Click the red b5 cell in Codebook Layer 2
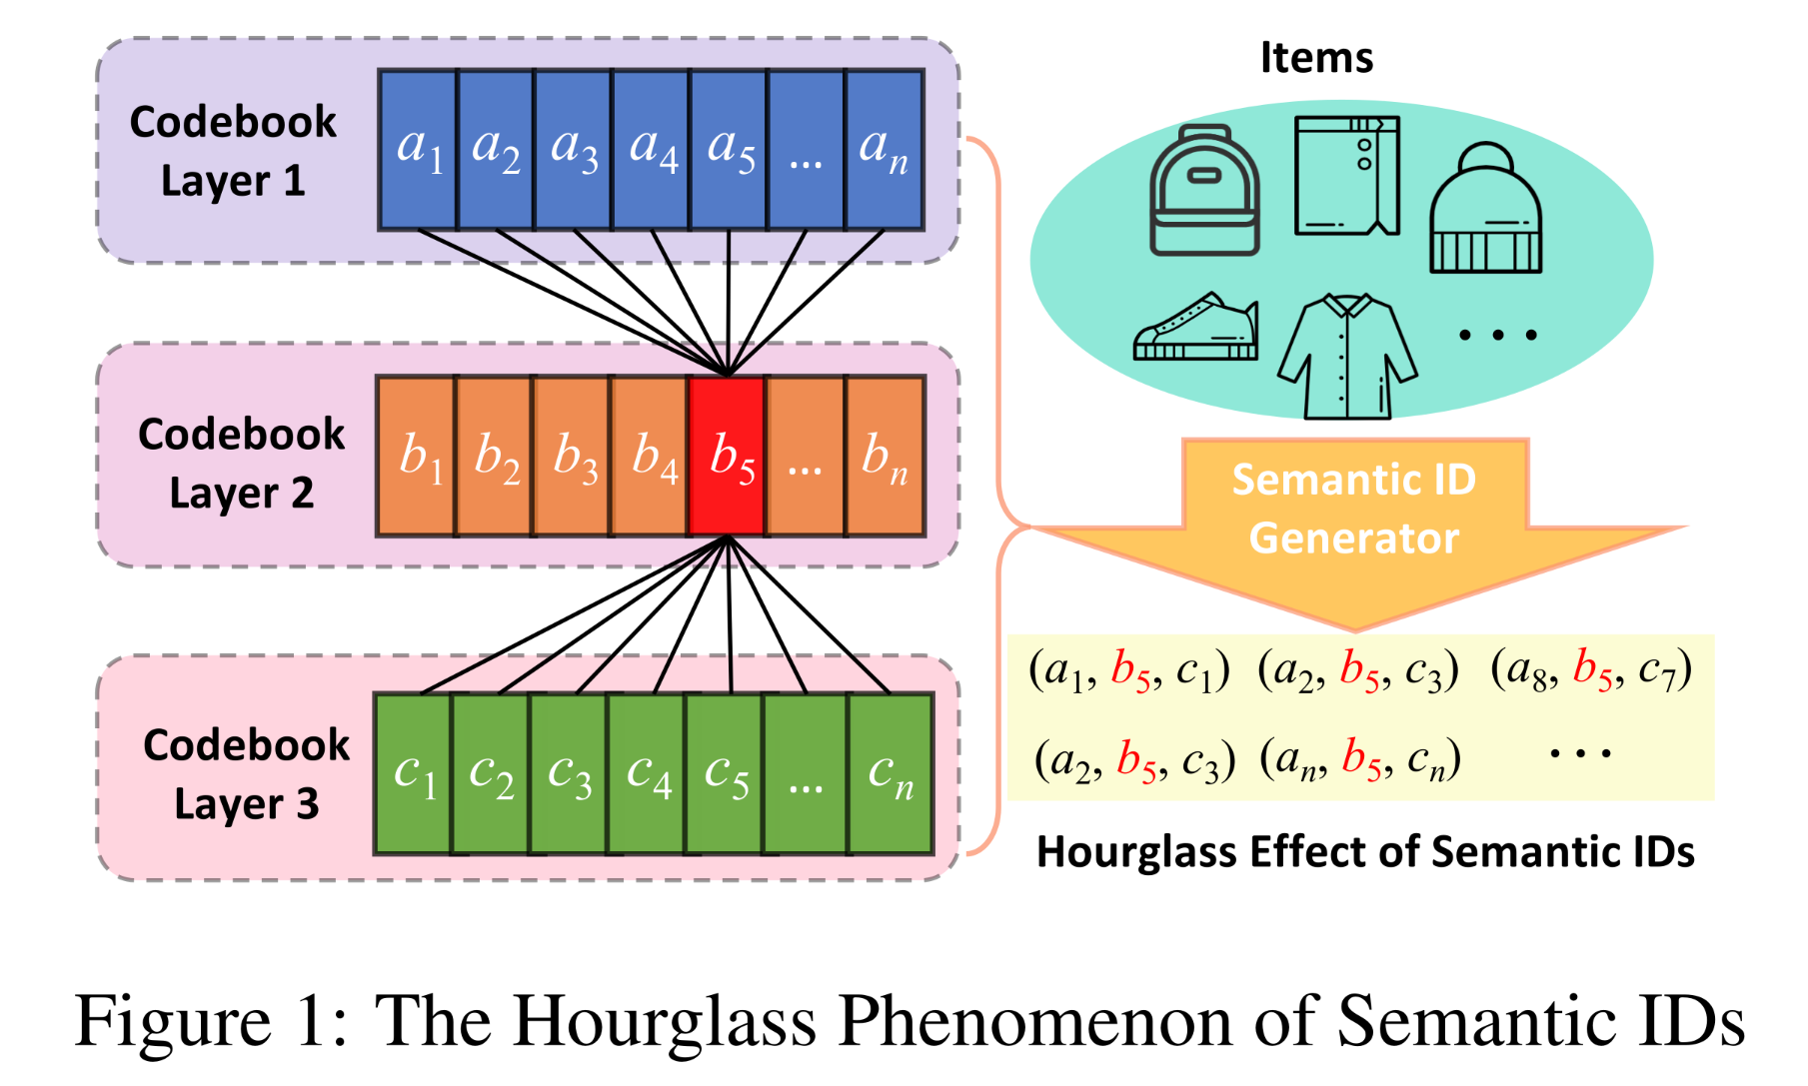point(728,457)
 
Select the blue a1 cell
point(418,150)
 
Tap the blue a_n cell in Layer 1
point(884,150)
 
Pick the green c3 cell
point(569,774)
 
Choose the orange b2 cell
point(495,457)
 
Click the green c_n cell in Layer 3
point(890,774)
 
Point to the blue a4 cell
point(652,150)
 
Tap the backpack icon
point(1204,191)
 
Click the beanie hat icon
point(1485,209)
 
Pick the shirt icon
point(1347,356)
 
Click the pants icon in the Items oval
point(1346,176)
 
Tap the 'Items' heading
point(1316,58)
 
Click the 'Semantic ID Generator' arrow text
point(1353,509)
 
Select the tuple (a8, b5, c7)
point(1591,670)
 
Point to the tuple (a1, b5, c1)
point(1129,670)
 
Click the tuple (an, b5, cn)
point(1360,759)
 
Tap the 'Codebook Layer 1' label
point(233,151)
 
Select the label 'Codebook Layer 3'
point(246,774)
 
